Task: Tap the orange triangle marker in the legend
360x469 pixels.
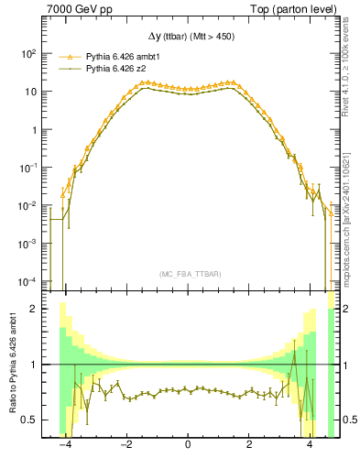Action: pos(65,57)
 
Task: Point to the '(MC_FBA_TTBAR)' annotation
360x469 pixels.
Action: pos(188,274)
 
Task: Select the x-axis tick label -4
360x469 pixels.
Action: pos(64,445)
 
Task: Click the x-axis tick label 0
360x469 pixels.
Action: pos(188,445)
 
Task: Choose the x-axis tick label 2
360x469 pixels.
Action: pos(248,445)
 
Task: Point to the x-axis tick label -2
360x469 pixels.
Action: pos(125,445)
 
